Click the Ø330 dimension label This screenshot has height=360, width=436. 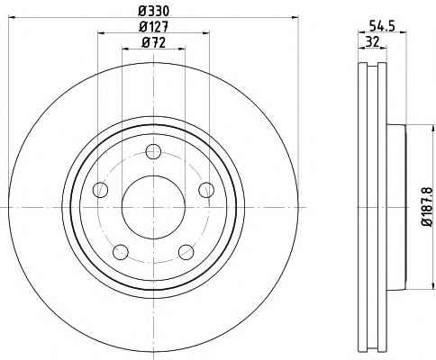coord(154,12)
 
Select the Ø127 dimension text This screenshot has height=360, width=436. coord(154,27)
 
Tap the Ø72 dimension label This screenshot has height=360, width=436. coord(154,43)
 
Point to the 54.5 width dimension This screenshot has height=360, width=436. coord(382,26)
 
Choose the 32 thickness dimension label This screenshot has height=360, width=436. coord(372,41)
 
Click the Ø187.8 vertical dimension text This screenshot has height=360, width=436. coord(426,207)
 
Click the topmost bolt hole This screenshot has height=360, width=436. coord(153,151)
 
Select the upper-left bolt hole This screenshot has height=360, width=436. coord(100,190)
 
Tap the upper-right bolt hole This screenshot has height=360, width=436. coord(206,190)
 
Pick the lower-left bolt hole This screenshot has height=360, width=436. coord(121,252)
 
